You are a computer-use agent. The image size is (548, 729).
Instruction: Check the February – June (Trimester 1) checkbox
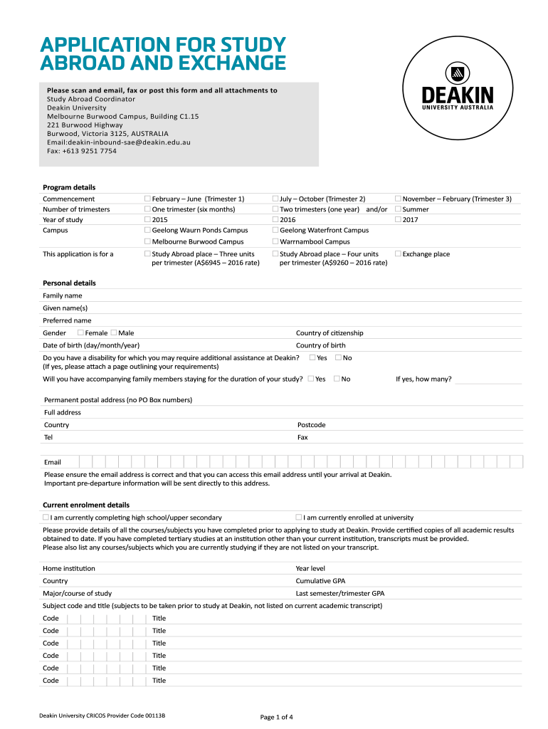pyautogui.click(x=147, y=199)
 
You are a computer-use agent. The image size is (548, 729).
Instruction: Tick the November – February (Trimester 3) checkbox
pyautogui.click(x=398, y=199)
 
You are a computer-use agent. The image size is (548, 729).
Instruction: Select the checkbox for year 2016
pyautogui.click(x=275, y=220)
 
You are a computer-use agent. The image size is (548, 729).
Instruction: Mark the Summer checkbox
pyautogui.click(x=398, y=209)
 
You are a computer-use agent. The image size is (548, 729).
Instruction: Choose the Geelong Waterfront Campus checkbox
pyautogui.click(x=275, y=231)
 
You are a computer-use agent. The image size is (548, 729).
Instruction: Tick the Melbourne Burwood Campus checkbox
pyautogui.click(x=147, y=242)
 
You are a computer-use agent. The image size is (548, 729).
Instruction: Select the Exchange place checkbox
pyautogui.click(x=398, y=254)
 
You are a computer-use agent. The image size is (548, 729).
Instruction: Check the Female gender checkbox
pyautogui.click(x=80, y=333)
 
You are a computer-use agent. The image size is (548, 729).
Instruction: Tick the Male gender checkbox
pyautogui.click(x=114, y=333)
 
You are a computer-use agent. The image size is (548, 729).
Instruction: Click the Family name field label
pyautogui.click(x=63, y=295)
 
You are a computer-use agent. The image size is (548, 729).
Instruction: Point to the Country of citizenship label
pyautogui.click(x=330, y=333)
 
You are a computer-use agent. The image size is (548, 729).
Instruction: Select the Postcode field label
pyautogui.click(x=311, y=425)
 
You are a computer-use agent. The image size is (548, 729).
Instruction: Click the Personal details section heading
pyautogui.click(x=69, y=283)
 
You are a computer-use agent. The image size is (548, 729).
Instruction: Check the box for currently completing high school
pyautogui.click(x=46, y=518)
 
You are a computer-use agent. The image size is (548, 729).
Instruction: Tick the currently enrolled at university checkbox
pyautogui.click(x=299, y=518)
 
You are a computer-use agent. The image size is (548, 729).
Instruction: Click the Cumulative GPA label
pyautogui.click(x=320, y=581)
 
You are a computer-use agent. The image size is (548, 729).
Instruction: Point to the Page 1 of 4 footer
pyautogui.click(x=277, y=716)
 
